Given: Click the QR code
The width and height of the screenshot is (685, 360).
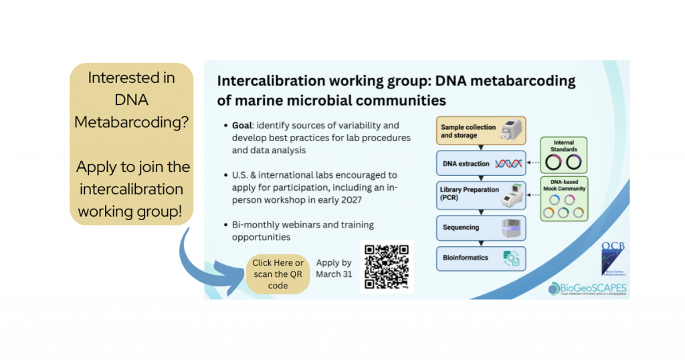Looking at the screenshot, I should click(387, 266).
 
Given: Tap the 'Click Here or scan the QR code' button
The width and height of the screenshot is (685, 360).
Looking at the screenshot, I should click(278, 274).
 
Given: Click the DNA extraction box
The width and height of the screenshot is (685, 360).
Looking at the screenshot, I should click(482, 163).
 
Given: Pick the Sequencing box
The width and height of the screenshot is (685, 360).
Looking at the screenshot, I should click(482, 228).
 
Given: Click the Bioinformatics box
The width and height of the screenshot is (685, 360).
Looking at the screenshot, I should click(482, 258).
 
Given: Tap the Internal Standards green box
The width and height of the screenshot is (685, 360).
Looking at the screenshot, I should click(563, 155).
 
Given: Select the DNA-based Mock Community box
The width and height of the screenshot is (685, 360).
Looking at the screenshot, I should click(563, 198).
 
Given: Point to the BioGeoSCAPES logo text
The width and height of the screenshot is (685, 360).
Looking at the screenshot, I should click(593, 288).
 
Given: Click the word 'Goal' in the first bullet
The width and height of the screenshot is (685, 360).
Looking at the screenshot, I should click(244, 126).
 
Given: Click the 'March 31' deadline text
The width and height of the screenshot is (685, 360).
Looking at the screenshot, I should click(334, 274).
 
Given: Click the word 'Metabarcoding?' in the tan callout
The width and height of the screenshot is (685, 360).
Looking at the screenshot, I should click(131, 122).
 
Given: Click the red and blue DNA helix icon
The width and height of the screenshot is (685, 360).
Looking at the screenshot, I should click(508, 163).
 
